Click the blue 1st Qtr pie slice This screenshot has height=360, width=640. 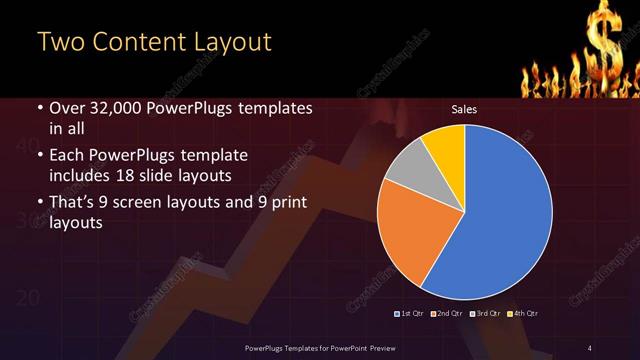505,215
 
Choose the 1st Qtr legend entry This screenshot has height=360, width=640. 410,314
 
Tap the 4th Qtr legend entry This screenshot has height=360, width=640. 522,314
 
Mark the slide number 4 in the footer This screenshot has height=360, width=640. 589,347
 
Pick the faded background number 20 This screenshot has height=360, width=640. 28,298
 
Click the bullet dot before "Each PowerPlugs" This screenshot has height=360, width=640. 39,158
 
